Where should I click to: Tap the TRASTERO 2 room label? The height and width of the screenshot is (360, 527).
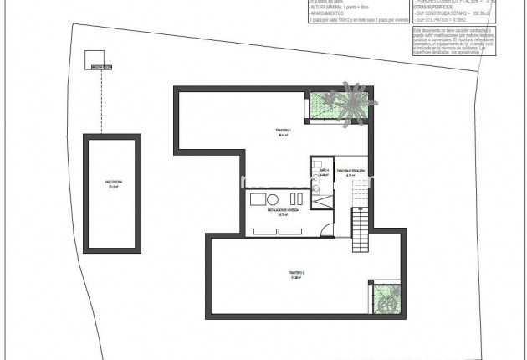(284, 274)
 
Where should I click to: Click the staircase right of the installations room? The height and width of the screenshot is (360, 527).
(359, 224)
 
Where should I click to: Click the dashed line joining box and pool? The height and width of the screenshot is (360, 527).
(100, 100)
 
